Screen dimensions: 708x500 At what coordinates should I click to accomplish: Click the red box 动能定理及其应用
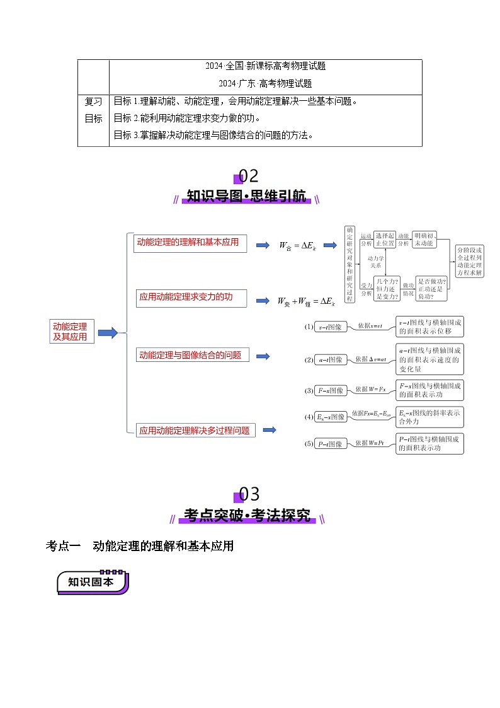pos(72,332)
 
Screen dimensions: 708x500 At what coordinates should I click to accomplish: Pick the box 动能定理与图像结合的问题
pos(193,355)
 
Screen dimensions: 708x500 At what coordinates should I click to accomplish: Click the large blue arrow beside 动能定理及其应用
pos(108,332)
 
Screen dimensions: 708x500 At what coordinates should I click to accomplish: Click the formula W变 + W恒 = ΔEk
pos(306,302)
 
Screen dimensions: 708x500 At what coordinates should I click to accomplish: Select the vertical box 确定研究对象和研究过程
pos(350,264)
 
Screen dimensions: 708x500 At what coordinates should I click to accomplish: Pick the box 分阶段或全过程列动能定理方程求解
pos(470,262)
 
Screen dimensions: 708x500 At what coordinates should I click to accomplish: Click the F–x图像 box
pos(331,391)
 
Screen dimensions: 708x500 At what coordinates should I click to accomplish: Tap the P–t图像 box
pos(331,444)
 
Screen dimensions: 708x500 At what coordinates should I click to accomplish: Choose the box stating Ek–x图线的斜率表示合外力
pos(430,417)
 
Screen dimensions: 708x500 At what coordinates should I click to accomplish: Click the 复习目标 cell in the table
pos(93,110)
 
